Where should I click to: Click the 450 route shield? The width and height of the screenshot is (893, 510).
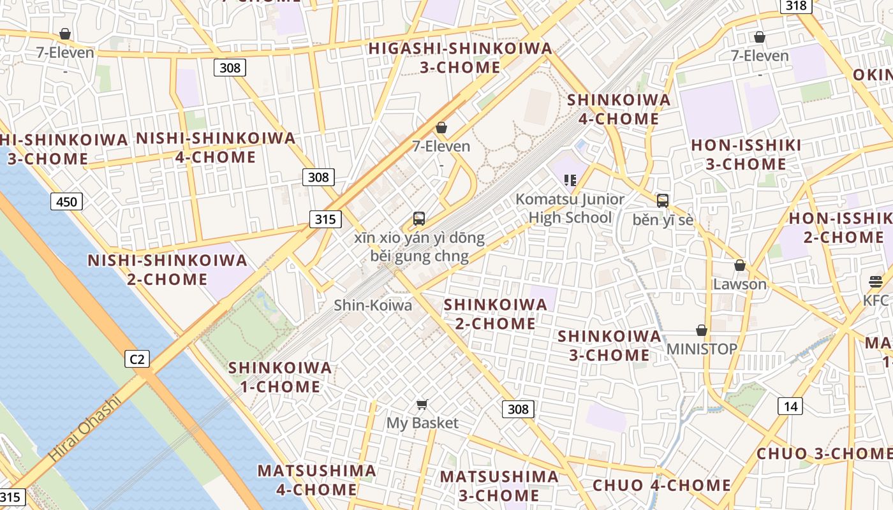click(66, 202)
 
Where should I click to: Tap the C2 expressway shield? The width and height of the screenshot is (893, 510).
click(137, 359)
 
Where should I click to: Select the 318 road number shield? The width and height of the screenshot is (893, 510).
click(795, 6)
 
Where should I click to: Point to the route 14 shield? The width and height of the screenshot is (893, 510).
click(790, 406)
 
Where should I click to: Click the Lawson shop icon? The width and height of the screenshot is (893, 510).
click(740, 265)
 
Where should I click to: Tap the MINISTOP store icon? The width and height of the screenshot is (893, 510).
click(702, 330)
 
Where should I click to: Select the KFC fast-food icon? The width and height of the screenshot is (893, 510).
click(875, 281)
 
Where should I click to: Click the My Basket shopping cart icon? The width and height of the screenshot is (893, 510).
click(422, 404)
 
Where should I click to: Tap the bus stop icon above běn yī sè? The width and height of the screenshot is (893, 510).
click(663, 201)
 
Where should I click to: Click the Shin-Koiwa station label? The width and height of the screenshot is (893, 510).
click(373, 305)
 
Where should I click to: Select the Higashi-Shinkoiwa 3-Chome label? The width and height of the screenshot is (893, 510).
click(461, 57)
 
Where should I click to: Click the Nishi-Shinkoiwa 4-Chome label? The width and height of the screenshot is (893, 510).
click(216, 147)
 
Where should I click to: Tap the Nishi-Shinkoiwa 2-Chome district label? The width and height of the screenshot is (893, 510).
click(167, 270)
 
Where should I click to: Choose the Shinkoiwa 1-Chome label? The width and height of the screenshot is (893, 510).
click(280, 377)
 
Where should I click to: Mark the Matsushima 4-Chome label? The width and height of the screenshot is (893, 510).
click(316, 480)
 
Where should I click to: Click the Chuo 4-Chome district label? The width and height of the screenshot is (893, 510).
click(661, 485)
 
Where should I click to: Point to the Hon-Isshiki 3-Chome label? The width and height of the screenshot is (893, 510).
click(746, 154)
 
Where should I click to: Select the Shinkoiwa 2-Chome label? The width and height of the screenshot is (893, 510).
click(496, 314)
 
